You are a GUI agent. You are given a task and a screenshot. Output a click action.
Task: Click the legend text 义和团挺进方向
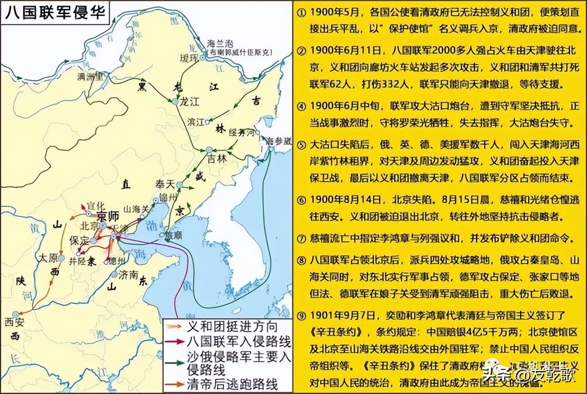[232, 327]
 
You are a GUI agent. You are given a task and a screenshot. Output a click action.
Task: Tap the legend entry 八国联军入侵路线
[238, 342]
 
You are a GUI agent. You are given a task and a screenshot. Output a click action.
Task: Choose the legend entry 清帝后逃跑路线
[232, 384]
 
